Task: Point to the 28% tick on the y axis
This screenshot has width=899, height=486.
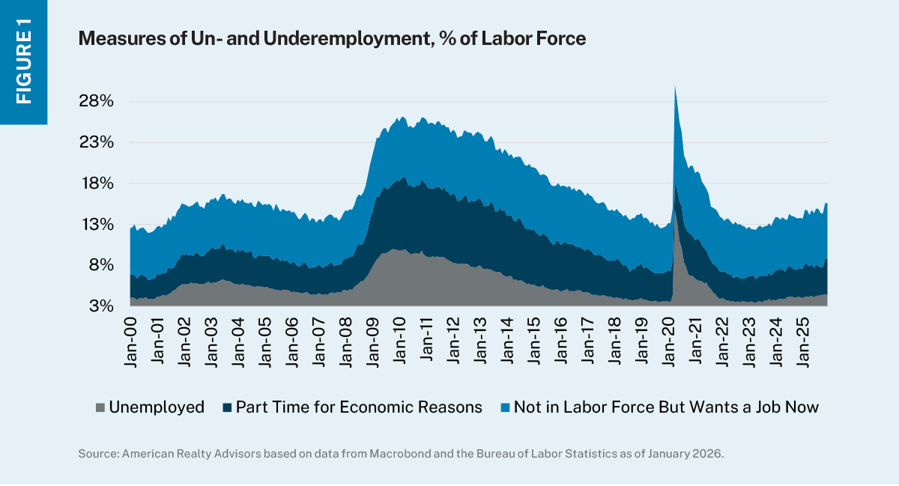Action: pyautogui.click(x=97, y=101)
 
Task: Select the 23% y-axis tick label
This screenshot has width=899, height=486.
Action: pyautogui.click(x=97, y=142)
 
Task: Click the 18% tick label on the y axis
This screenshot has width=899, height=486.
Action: pyautogui.click(x=97, y=183)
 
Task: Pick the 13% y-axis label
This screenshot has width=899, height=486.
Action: pyautogui.click(x=97, y=225)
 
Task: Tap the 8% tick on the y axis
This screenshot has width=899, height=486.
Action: pyautogui.click(x=101, y=265)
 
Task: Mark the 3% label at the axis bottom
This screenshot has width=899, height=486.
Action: pyautogui.click(x=101, y=306)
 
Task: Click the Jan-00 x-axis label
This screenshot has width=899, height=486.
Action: pyautogui.click(x=130, y=341)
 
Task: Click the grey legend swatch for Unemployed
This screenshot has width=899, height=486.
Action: pyautogui.click(x=100, y=407)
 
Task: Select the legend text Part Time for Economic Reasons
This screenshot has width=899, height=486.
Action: pyautogui.click(x=358, y=407)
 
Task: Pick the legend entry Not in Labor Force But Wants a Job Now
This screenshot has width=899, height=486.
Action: pyautogui.click(x=666, y=407)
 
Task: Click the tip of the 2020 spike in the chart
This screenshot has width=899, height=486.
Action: pyautogui.click(x=675, y=87)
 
